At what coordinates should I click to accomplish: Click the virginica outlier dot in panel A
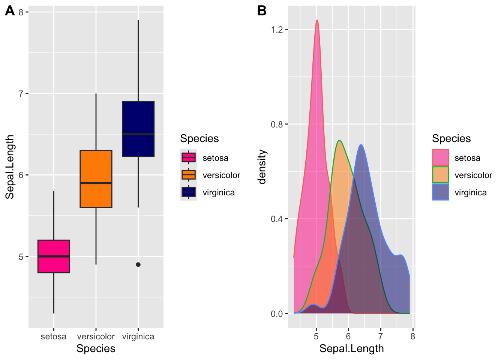click(138, 265)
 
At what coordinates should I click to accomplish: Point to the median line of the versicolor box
click(96, 183)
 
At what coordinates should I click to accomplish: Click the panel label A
click(10, 11)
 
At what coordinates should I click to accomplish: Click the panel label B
click(262, 11)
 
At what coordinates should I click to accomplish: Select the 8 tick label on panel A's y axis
click(21, 12)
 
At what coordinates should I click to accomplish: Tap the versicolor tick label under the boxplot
click(96, 337)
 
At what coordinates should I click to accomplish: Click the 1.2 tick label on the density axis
click(277, 30)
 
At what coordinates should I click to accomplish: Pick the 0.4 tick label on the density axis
click(277, 219)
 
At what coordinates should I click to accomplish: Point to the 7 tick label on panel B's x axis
click(381, 337)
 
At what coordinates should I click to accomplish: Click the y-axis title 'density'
click(262, 167)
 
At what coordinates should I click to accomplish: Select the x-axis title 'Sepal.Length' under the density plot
click(351, 349)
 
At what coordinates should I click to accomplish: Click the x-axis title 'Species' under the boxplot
click(96, 349)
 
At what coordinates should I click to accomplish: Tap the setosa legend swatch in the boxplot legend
click(189, 158)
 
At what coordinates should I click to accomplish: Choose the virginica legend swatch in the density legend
click(441, 192)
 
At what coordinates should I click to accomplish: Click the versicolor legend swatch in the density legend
click(441, 175)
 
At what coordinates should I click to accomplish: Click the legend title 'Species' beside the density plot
click(451, 139)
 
